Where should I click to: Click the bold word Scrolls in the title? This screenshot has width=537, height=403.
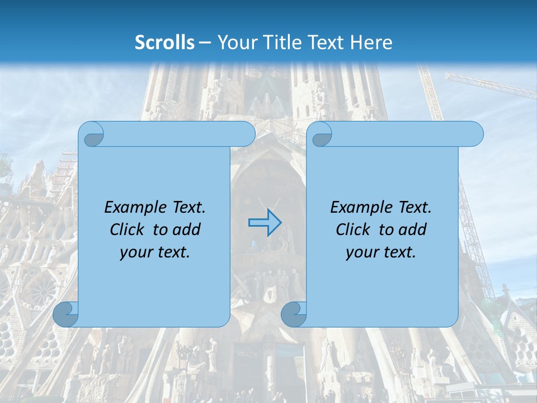pyautogui.click(x=164, y=42)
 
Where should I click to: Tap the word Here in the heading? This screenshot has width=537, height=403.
pyautogui.click(x=371, y=42)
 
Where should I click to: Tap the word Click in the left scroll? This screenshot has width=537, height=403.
pyautogui.click(x=127, y=229)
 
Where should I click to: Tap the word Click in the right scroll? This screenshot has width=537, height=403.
pyautogui.click(x=353, y=229)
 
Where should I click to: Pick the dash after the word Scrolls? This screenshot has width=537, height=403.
pyautogui.click(x=205, y=43)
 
